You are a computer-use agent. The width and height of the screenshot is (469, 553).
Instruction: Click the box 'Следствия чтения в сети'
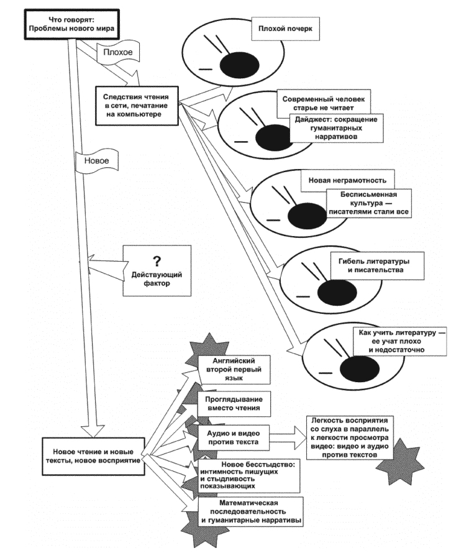click(x=135, y=104)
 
